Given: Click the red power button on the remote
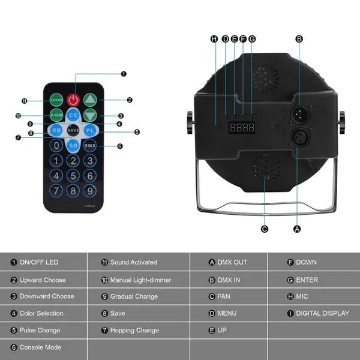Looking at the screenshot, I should coord(73,99).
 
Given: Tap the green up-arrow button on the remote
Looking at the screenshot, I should coord(89,99).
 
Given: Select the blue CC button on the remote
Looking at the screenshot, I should coord(73,115).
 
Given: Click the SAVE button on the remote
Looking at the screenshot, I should coord(73,130).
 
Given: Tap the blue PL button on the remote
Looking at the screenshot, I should coord(89,130).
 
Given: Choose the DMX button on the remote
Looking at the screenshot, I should coord(89,145).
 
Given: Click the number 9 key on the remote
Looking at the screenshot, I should coord(89,191).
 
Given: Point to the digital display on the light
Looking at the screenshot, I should coord(243,128).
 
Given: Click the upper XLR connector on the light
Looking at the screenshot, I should coord(298,114).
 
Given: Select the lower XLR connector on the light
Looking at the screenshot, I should coord(298,138).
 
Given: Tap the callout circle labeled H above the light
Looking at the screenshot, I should coord(214,39).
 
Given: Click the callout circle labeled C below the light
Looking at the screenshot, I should coord(265,229).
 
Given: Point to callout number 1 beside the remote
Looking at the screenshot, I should coord(124,74).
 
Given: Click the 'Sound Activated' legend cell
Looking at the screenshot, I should coord(138,262).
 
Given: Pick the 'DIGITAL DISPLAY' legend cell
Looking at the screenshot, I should coord(322,313).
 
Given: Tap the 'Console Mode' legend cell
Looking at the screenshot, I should coord(44,347).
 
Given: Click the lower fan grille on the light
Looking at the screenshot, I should coord(265,169).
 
